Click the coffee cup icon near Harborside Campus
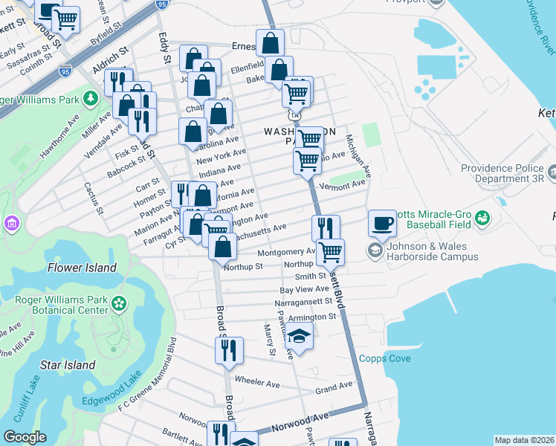pos(383,223)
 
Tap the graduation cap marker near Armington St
pos(299,338)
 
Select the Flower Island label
pos(82,268)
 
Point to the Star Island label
pos(68,365)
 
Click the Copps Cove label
pos(384,358)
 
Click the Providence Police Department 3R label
pos(502,173)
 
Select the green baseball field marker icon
pos(483,219)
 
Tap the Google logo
pos(25,437)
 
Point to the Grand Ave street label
pos(333,387)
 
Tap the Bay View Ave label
pos(304,289)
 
